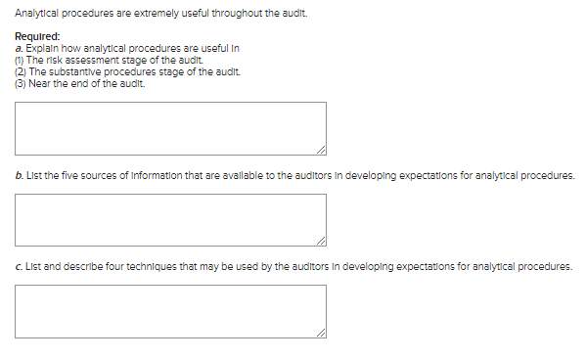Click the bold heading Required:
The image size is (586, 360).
click(37, 37)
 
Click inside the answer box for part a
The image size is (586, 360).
click(170, 127)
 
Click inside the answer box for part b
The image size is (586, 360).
click(170, 219)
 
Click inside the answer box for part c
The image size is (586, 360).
click(170, 310)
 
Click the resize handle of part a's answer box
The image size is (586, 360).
click(322, 149)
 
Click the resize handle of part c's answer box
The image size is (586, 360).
click(322, 332)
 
